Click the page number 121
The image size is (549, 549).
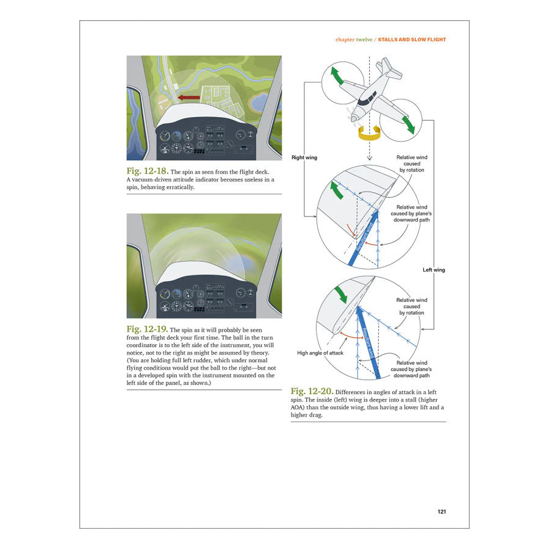coord(442,511)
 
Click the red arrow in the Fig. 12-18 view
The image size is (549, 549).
coord(189,96)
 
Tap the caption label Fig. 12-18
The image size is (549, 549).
coord(146,171)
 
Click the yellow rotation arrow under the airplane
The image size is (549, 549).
coord(370,132)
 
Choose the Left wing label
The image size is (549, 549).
coord(434,270)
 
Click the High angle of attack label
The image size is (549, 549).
coord(321,353)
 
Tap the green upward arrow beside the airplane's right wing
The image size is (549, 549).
coord(337,79)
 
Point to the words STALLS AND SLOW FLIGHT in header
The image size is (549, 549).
coord(412,40)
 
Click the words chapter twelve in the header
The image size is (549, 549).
coord(354,40)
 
